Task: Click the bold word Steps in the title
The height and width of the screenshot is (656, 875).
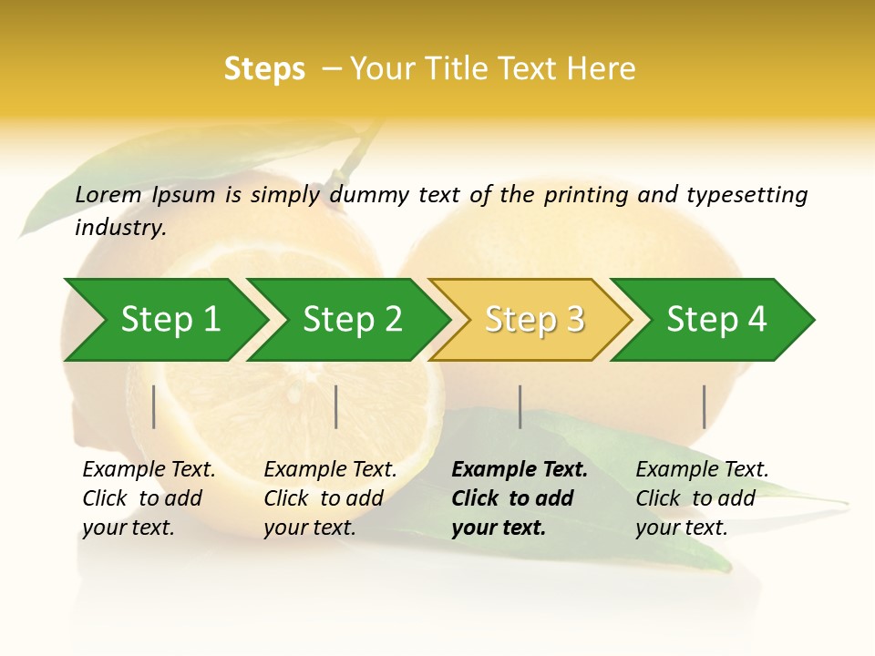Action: [264, 69]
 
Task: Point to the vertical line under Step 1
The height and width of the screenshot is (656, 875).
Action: [154, 406]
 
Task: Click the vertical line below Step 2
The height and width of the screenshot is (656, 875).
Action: [336, 406]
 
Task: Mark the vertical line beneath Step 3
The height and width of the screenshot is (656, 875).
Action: [520, 406]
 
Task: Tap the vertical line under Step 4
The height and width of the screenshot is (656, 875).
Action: [704, 406]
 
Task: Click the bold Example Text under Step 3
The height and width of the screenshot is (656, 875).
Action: [520, 470]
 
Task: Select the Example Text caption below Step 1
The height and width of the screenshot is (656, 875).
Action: [149, 470]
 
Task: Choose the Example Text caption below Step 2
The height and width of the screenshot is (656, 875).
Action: [330, 470]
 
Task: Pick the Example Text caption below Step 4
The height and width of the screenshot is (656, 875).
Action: [702, 470]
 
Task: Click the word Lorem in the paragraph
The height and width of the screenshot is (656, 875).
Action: [108, 194]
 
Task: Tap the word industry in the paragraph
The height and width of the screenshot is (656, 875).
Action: [119, 228]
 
